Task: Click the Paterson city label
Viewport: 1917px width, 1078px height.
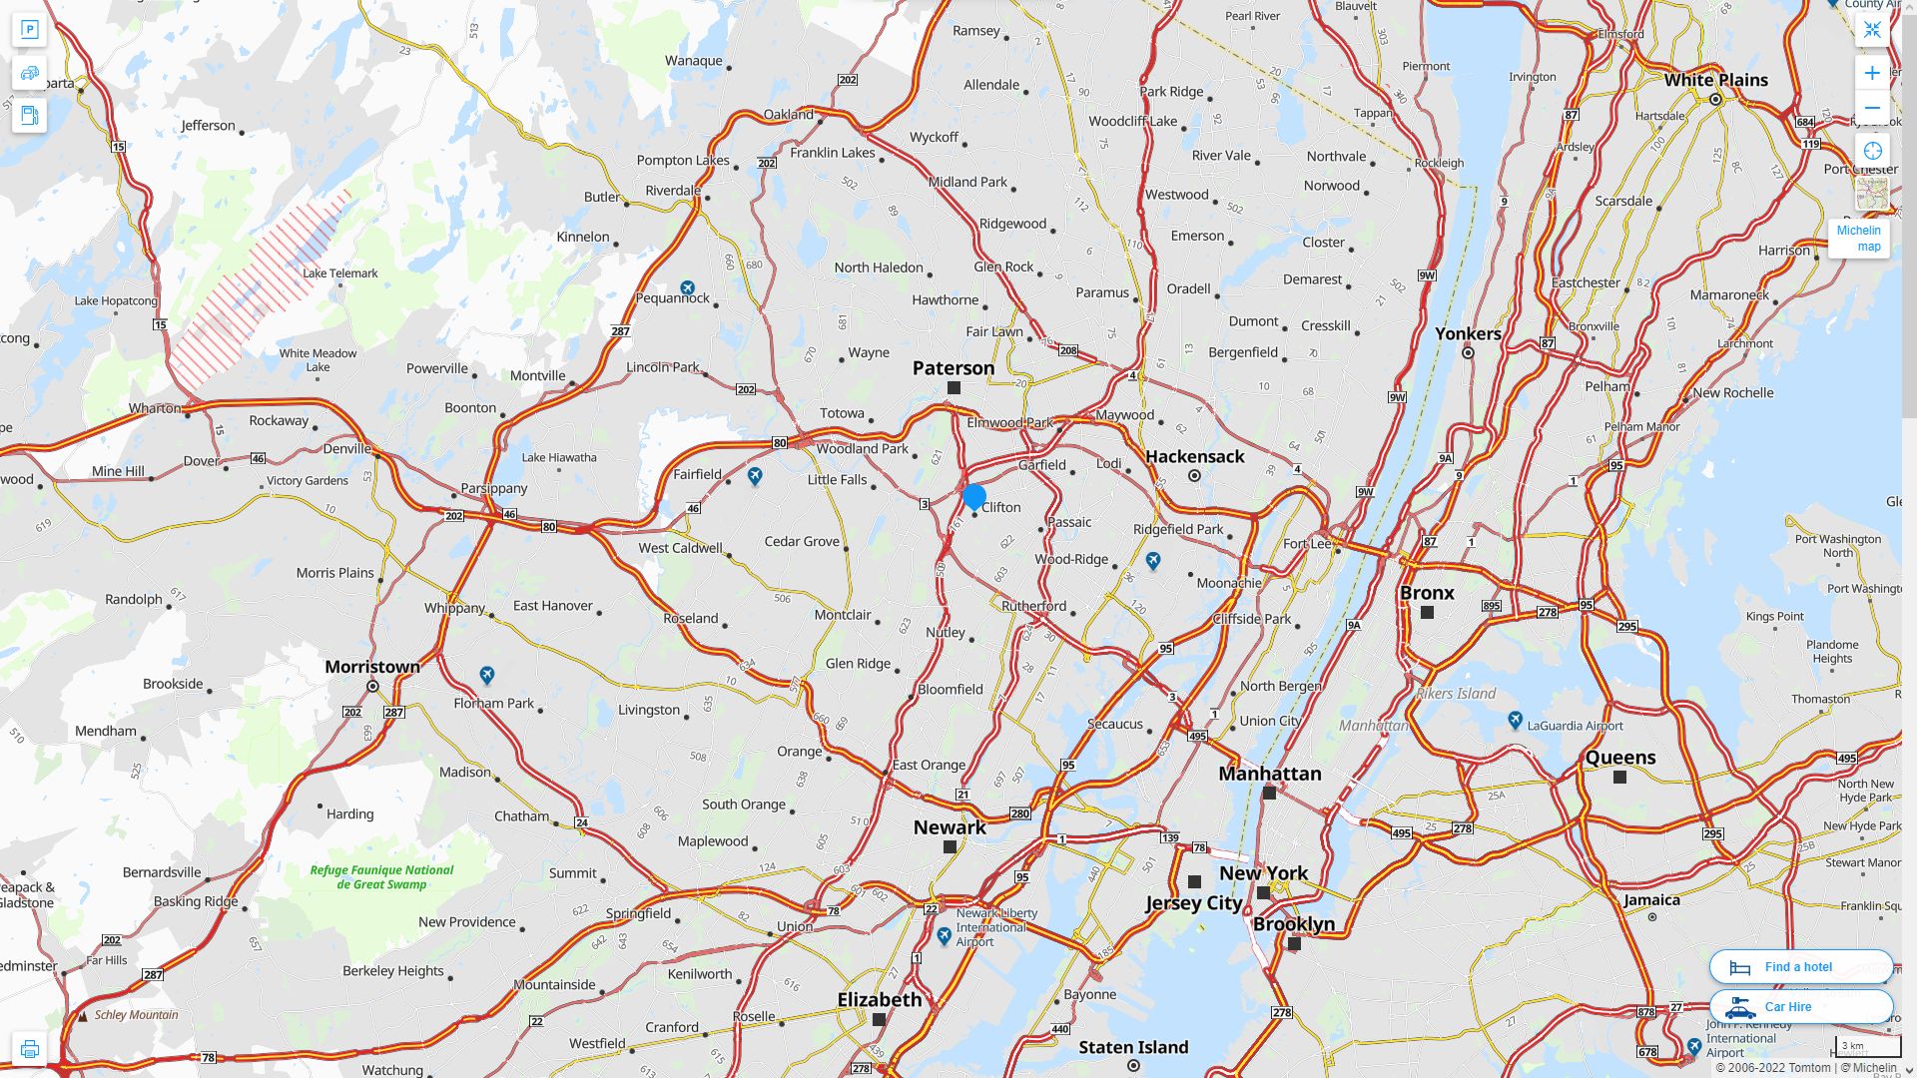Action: coord(954,367)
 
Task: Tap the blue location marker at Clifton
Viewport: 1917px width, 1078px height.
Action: coord(974,496)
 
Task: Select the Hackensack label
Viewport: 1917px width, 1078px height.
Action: coord(1194,456)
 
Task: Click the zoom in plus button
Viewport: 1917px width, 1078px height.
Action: coord(1872,73)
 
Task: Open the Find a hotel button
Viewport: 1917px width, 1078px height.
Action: coord(1800,966)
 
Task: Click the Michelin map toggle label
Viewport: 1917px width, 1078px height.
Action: coord(1858,239)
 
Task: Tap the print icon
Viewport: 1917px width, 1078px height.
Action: coord(29,1049)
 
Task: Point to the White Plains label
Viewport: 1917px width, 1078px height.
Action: coord(1715,80)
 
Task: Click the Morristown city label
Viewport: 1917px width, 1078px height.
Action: coord(372,666)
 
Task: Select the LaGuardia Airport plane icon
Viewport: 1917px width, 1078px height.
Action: coord(1515,720)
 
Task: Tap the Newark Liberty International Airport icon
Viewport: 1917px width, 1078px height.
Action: coord(945,935)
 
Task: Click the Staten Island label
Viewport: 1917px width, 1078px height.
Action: coord(1133,1047)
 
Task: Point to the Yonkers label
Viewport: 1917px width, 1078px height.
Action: coord(1468,333)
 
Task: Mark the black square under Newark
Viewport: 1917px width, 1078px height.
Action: coord(950,846)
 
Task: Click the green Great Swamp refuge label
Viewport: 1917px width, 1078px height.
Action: coord(381,876)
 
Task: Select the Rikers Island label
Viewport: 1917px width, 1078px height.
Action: coord(1456,693)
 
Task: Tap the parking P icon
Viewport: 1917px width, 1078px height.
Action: coord(29,30)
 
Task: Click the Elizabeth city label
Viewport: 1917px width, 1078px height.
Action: coord(880,999)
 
